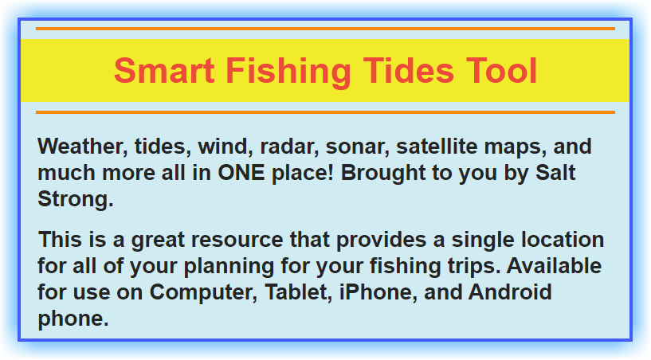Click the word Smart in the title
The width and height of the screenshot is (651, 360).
point(164,71)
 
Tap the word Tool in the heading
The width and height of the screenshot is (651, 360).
point(501,71)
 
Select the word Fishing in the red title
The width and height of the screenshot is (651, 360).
point(289,72)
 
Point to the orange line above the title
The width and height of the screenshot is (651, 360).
point(325,29)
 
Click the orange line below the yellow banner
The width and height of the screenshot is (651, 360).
point(325,112)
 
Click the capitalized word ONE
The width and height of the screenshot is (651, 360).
point(241,173)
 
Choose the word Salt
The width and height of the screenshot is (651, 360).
point(555,173)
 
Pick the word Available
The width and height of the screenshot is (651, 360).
point(554,266)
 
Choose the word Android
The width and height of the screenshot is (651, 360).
point(510,292)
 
